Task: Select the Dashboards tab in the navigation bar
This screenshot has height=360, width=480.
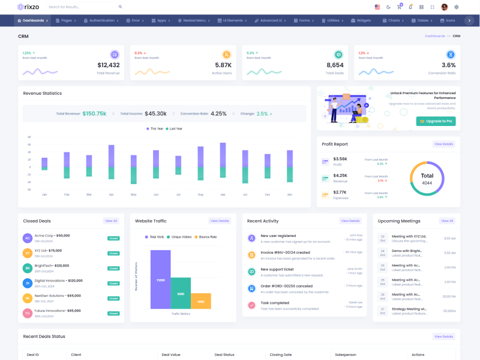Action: click(33, 20)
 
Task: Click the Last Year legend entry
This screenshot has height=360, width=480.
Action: click(175, 128)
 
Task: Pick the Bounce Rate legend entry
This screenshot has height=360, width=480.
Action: click(206, 237)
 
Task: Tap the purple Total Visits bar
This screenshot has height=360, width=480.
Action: click(160, 279)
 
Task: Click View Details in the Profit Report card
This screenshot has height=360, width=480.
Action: click(444, 144)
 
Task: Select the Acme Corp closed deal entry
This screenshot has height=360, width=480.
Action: click(52, 236)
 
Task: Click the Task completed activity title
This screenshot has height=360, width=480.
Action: click(275, 303)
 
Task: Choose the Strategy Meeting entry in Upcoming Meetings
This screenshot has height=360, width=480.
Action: click(409, 309)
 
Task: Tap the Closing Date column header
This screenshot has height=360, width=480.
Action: click(281, 355)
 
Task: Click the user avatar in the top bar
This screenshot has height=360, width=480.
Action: click(445, 7)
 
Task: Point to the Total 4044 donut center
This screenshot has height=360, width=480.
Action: click(427, 179)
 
